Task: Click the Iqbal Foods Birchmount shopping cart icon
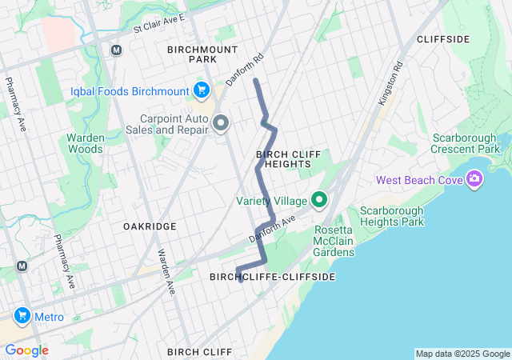click(x=201, y=90)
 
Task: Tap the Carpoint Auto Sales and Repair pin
click(x=221, y=123)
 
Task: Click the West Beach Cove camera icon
click(x=474, y=178)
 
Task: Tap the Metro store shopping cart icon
click(x=22, y=317)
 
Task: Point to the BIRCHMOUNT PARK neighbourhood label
click(x=192, y=54)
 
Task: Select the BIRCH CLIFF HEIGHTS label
click(x=282, y=158)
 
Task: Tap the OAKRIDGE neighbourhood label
click(x=150, y=226)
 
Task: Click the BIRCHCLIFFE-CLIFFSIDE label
click(x=271, y=276)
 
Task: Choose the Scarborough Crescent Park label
click(x=465, y=143)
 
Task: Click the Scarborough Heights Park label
click(x=391, y=216)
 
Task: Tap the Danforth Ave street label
click(x=272, y=230)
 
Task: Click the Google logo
click(x=26, y=350)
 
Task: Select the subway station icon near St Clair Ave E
click(x=116, y=50)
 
